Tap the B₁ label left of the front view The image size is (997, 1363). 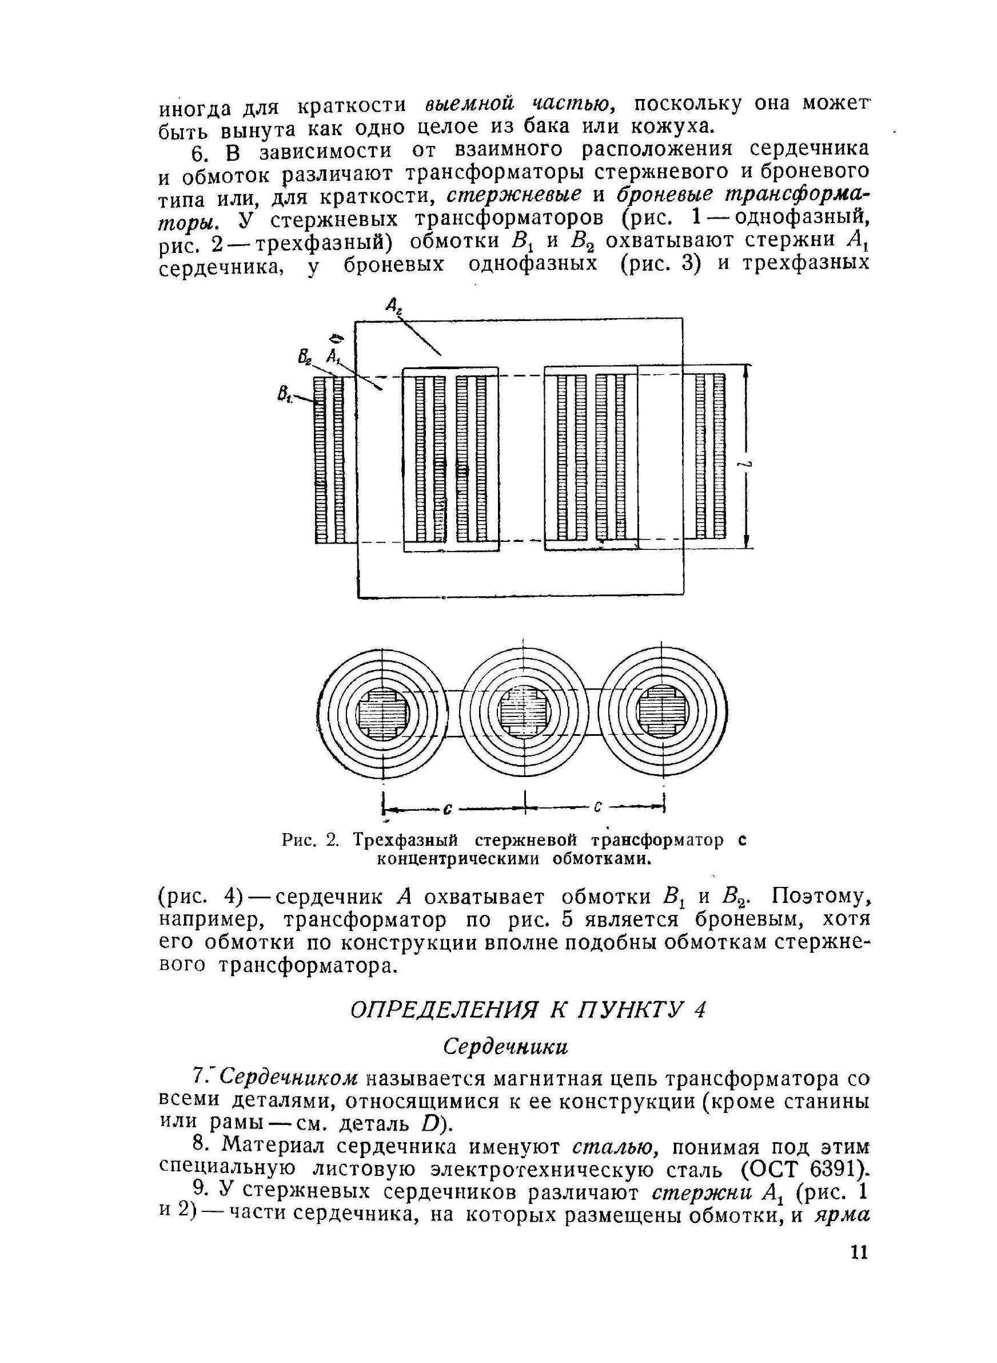284,395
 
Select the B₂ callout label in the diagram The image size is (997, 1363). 304,358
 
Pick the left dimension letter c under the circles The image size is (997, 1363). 448,807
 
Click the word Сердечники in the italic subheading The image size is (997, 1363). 506,1047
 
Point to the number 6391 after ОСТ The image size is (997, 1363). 832,1170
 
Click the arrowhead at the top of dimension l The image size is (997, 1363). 747,370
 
